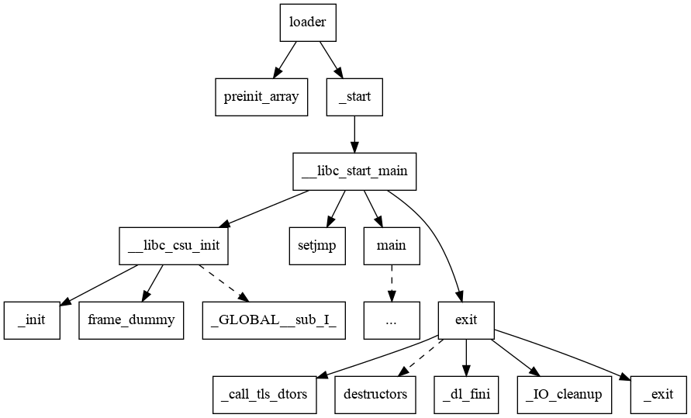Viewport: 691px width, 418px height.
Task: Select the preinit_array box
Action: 261,98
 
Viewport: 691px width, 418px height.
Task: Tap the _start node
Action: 354,98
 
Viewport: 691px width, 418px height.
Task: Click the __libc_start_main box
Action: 354,171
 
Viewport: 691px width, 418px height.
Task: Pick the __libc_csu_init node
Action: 174,246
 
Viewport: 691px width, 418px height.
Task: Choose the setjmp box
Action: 317,246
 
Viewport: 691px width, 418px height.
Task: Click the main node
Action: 392,246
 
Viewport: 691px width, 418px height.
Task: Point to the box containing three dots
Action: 392,320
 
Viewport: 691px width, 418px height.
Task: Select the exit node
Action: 466,320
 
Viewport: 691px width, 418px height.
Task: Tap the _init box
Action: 32,320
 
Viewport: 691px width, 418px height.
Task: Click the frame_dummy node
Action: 131,320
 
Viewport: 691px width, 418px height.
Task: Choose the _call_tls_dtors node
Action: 264,394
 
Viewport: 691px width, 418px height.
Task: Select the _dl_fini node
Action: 466,394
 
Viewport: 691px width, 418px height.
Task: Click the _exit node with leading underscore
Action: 658,394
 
